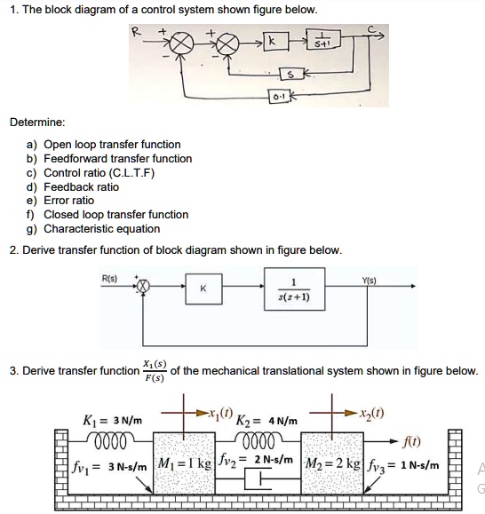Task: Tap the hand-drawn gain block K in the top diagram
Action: click(273, 42)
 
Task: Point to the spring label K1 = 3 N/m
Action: click(110, 419)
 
